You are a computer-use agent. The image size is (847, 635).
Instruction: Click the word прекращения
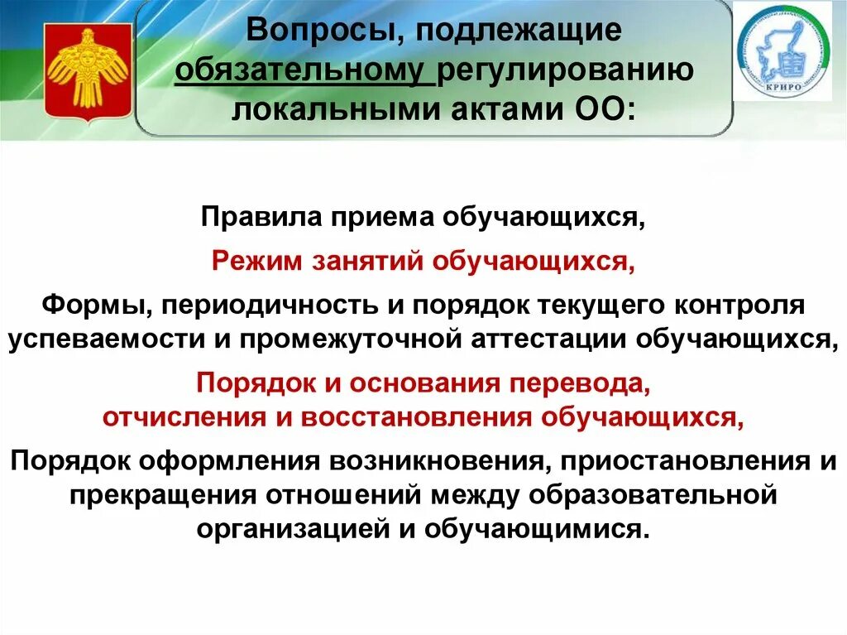click(164, 495)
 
